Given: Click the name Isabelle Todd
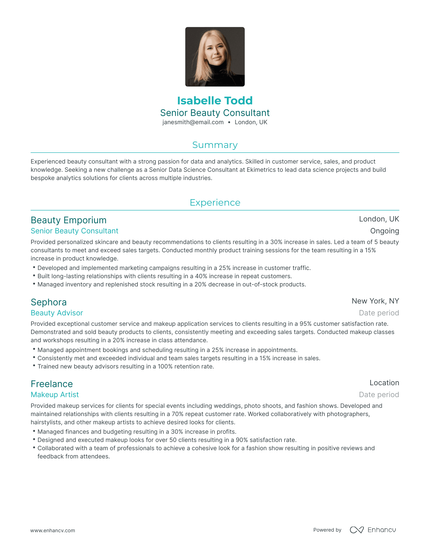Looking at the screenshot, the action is click(215, 101).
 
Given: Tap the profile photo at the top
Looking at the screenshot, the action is click(215, 56).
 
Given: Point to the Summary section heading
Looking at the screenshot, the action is click(215, 145).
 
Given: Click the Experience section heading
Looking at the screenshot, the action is click(215, 202).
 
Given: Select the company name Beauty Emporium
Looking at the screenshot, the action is click(68, 219).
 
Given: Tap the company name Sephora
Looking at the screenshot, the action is click(49, 301).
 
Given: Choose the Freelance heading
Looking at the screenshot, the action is click(52, 383).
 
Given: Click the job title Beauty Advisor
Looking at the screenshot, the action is click(57, 312).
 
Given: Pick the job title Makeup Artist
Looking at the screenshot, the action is click(56, 395).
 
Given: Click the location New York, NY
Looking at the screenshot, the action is click(375, 301).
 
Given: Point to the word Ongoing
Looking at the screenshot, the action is click(384, 231).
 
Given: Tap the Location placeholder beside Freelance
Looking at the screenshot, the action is click(383, 383).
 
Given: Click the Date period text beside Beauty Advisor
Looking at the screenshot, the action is click(379, 313).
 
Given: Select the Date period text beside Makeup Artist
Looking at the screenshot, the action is click(379, 395).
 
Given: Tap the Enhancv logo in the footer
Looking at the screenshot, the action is click(373, 530).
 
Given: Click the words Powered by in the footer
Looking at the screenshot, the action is click(327, 530).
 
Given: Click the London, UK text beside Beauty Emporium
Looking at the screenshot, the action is click(379, 219).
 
